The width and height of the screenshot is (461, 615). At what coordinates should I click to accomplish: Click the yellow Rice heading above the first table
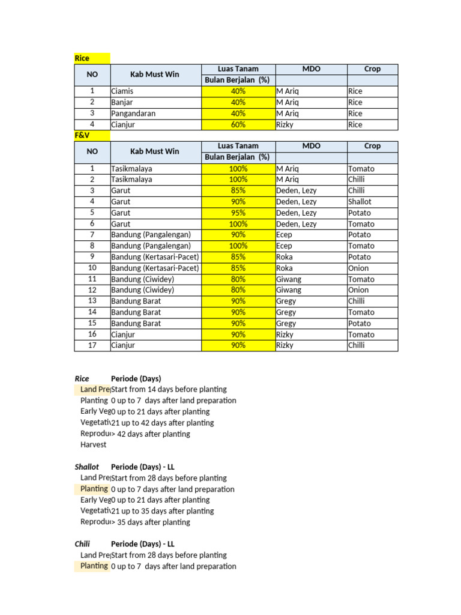coord(82,58)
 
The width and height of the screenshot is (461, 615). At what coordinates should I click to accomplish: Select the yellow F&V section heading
coord(82,136)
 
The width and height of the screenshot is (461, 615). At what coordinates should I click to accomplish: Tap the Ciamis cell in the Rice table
coord(122,91)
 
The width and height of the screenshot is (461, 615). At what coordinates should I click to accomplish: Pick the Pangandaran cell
coord(133,114)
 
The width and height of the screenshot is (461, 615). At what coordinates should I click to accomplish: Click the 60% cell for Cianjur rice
coord(238,125)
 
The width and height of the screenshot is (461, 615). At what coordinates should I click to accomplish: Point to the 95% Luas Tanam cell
coord(238,213)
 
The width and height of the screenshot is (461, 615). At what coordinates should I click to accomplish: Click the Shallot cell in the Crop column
coord(360,202)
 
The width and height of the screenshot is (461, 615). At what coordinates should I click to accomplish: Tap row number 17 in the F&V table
coord(92,345)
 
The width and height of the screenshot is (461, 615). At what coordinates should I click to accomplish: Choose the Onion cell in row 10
coord(358,268)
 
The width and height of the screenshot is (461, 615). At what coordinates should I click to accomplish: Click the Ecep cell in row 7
coord(284,235)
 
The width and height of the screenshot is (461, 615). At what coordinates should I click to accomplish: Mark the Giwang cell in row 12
coord(289,290)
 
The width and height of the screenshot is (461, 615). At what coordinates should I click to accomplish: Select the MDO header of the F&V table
coord(311,146)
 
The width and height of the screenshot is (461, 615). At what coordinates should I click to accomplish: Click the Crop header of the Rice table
coord(372,69)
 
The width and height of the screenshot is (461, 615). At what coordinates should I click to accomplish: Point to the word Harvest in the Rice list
coord(93,445)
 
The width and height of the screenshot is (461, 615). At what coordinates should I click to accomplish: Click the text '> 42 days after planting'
coord(150,434)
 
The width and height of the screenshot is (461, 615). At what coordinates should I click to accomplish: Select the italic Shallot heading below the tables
coord(87,467)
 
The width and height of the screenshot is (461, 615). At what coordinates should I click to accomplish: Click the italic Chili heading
coord(82,544)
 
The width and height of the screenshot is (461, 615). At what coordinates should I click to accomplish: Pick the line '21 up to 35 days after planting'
coord(162,511)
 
